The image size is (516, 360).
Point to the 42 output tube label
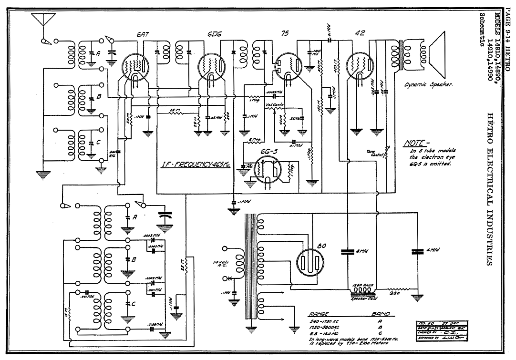[x=360, y=34]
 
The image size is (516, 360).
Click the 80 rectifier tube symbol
[x=309, y=261]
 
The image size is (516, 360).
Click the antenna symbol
[x=42, y=20]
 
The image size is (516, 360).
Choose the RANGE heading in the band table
[x=318, y=314]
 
